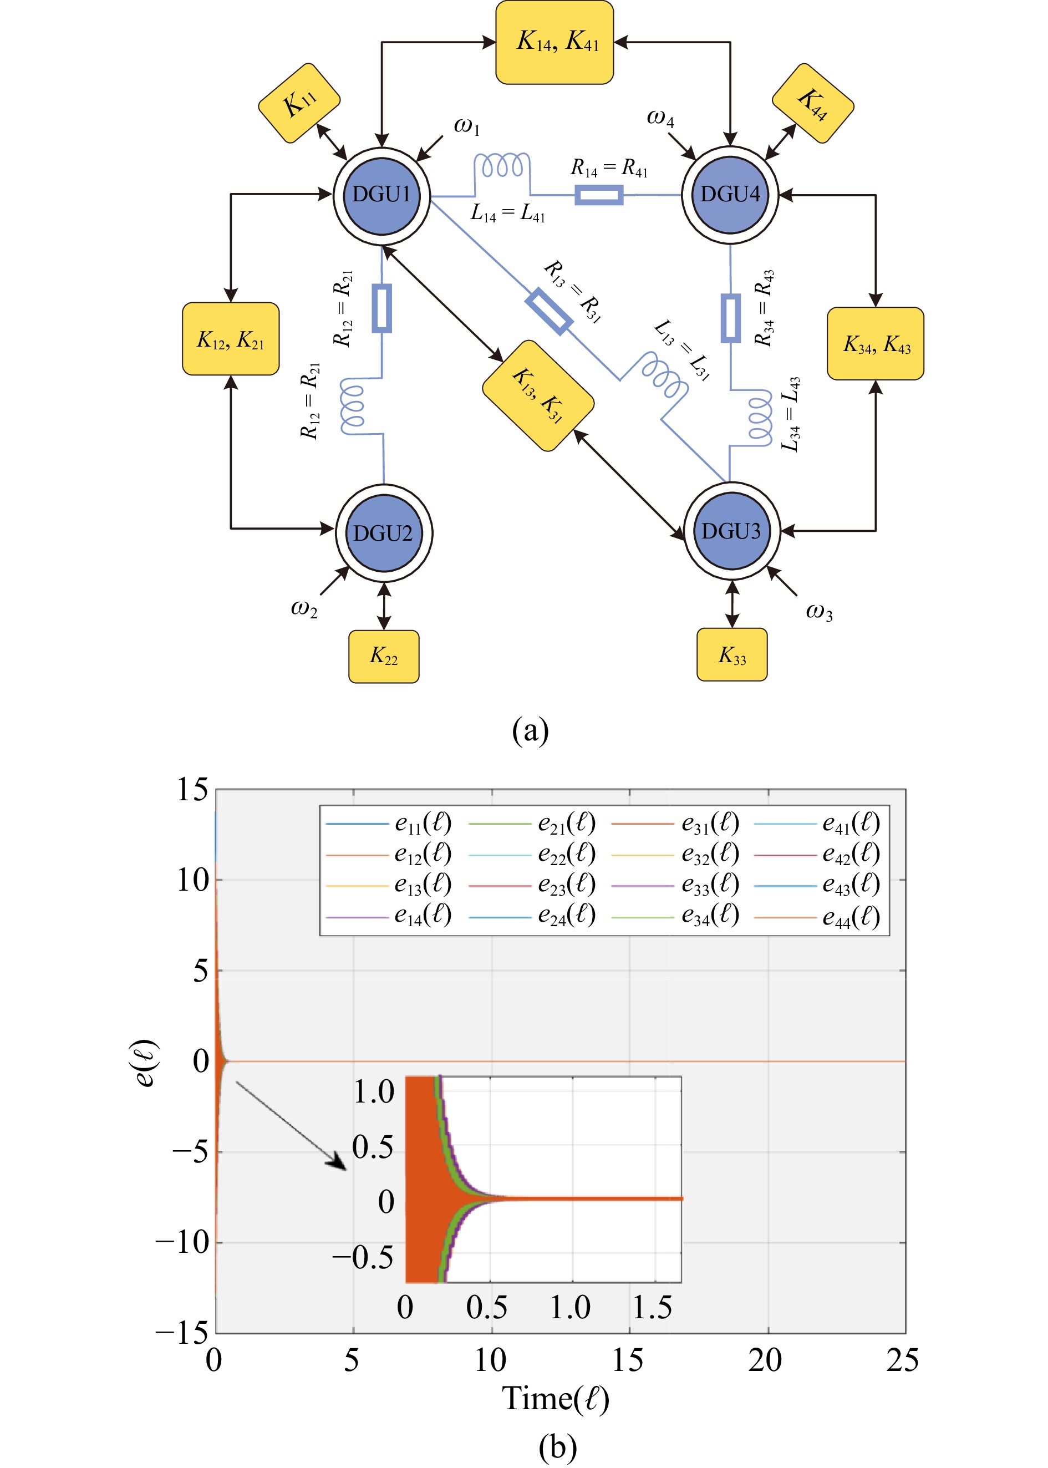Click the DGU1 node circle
click(381, 195)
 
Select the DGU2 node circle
click(384, 533)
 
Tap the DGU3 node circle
click(732, 531)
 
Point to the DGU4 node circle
click(730, 194)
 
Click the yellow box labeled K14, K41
click(554, 43)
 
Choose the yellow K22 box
click(383, 656)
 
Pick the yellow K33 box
click(732, 654)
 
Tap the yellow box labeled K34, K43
click(875, 343)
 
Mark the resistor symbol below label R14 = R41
click(599, 195)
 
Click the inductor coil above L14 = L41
click(502, 166)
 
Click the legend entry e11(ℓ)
click(423, 824)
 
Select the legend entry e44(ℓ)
click(851, 916)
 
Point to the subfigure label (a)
click(531, 731)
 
